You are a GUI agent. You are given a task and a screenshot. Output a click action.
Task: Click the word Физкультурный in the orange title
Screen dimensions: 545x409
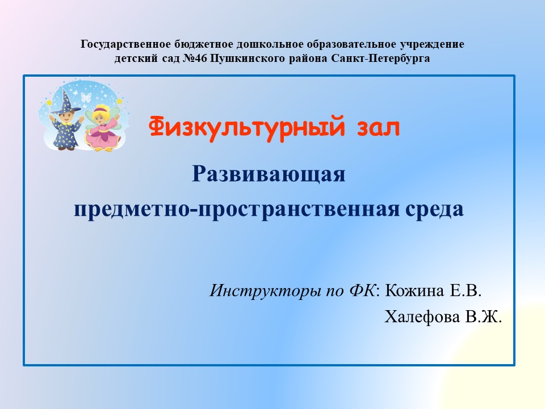point(247,127)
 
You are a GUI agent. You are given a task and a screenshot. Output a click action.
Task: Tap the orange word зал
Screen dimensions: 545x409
point(378,128)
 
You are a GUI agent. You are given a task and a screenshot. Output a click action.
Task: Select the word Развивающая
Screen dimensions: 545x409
point(269,174)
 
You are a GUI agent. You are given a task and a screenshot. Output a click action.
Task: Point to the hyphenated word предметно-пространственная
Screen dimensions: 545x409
point(237,210)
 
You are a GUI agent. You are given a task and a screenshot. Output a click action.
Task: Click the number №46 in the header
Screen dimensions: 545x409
point(195,58)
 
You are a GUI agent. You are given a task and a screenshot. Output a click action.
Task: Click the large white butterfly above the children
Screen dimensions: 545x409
point(86,97)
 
